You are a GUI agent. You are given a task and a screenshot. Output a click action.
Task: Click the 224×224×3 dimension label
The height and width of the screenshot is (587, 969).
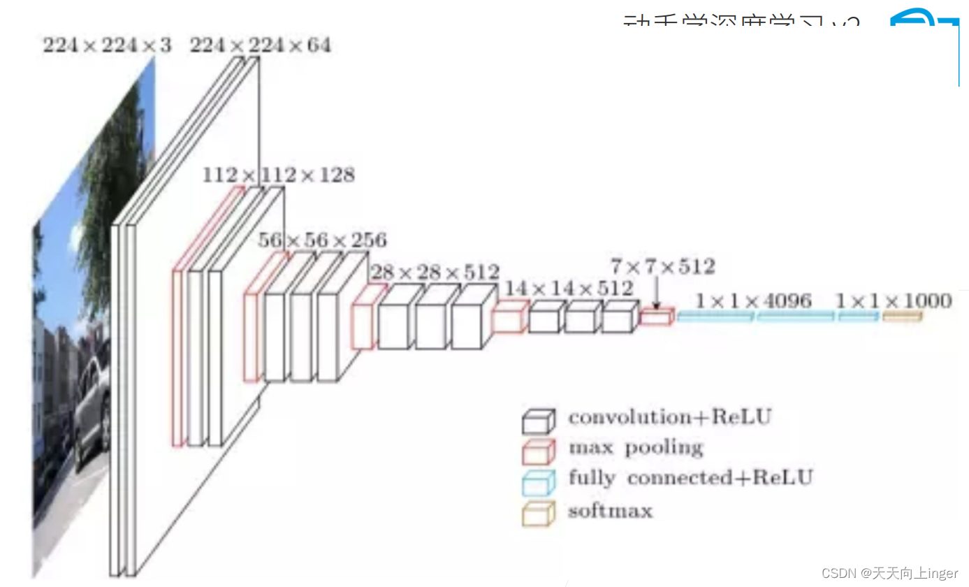[106, 45]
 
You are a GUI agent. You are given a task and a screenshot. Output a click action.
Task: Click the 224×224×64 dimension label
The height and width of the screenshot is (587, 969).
[260, 45]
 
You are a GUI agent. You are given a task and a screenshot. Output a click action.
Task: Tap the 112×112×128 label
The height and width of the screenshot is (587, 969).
[278, 174]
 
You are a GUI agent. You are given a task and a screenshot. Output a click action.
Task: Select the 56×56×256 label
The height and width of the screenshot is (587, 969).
[321, 240]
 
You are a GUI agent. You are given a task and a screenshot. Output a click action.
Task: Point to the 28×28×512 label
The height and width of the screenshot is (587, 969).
[435, 272]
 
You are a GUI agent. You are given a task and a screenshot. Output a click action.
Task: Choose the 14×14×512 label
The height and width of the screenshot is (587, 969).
[569, 288]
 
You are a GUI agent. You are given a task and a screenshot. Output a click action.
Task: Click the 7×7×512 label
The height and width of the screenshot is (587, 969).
[662, 266]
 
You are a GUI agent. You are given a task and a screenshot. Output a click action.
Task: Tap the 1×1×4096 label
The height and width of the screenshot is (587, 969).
[753, 300]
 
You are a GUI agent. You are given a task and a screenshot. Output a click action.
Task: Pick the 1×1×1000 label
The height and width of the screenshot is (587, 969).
[894, 300]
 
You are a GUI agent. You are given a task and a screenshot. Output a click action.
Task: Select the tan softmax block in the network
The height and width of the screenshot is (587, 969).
[902, 317]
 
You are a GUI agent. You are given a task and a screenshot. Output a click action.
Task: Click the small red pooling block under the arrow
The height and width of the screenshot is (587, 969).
[657, 317]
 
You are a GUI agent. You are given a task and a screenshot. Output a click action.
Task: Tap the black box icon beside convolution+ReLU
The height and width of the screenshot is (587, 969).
[538, 421]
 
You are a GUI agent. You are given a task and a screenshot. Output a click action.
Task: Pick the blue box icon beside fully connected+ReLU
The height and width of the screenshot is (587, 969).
[538, 481]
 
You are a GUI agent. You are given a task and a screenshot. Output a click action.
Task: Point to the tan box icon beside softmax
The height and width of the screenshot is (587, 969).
[538, 513]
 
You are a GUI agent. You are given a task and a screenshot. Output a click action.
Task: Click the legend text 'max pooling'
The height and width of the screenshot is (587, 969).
[635, 447]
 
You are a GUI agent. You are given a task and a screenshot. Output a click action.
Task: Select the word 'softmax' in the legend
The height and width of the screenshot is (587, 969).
[610, 510]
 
